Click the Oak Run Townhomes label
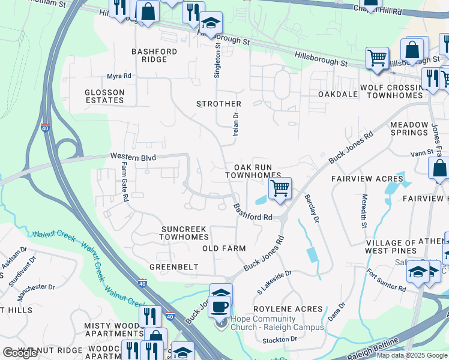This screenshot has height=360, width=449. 253,171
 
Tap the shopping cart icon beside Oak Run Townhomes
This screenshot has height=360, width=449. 280,189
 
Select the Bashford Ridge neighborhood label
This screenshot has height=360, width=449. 154,55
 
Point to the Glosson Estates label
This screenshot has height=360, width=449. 104,96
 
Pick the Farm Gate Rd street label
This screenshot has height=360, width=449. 124,181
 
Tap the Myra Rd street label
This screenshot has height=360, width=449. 119,76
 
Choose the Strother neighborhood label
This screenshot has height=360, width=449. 219,104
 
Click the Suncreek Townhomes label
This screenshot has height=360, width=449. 184,233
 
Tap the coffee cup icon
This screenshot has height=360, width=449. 220,307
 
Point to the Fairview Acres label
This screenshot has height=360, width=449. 367,179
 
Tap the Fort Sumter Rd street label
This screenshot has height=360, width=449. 386,280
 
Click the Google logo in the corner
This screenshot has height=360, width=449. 20,353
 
